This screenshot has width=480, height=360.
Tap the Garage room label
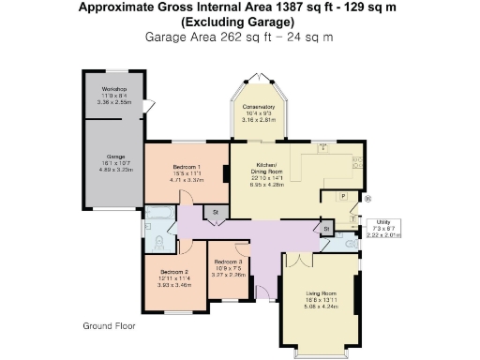coord(114,158)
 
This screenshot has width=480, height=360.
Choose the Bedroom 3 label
coord(228,262)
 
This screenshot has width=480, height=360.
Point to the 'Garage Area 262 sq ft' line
coord(239,37)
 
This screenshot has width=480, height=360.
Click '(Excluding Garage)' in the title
coord(240,22)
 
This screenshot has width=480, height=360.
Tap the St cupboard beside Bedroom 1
coord(215,214)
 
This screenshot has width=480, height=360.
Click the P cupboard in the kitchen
coord(343,196)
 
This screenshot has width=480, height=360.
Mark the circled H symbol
coord(368,198)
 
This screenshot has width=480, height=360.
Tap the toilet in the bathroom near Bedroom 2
coord(159,243)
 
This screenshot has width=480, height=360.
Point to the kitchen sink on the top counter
coord(324,149)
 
